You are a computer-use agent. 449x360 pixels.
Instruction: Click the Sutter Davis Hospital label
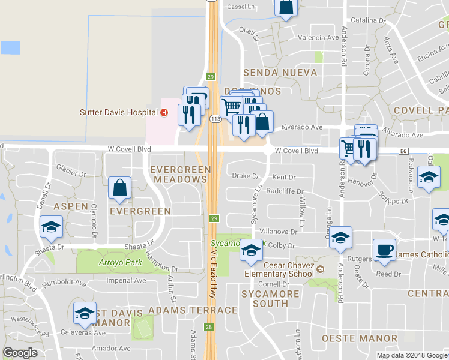tap(119, 112)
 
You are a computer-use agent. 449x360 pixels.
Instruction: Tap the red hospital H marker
tap(164, 112)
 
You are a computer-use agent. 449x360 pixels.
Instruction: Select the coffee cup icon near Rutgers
tap(384, 250)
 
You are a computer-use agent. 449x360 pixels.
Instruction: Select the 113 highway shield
tap(215, 119)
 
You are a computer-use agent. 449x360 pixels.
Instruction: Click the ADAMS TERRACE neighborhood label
tap(193, 310)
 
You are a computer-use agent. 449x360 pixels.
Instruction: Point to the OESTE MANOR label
tap(360, 338)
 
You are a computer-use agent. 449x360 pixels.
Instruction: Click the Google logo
tap(20, 353)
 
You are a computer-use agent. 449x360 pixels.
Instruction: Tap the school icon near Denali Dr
tap(52, 226)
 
